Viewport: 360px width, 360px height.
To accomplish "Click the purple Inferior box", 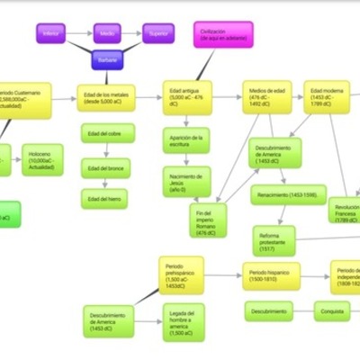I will (x=52, y=33).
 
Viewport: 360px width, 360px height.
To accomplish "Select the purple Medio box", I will (x=106, y=33).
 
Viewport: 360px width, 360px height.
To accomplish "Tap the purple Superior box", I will (x=157, y=33).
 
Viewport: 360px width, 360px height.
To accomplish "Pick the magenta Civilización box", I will (x=222, y=35).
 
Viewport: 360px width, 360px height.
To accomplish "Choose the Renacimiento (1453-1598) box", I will (x=286, y=194).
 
